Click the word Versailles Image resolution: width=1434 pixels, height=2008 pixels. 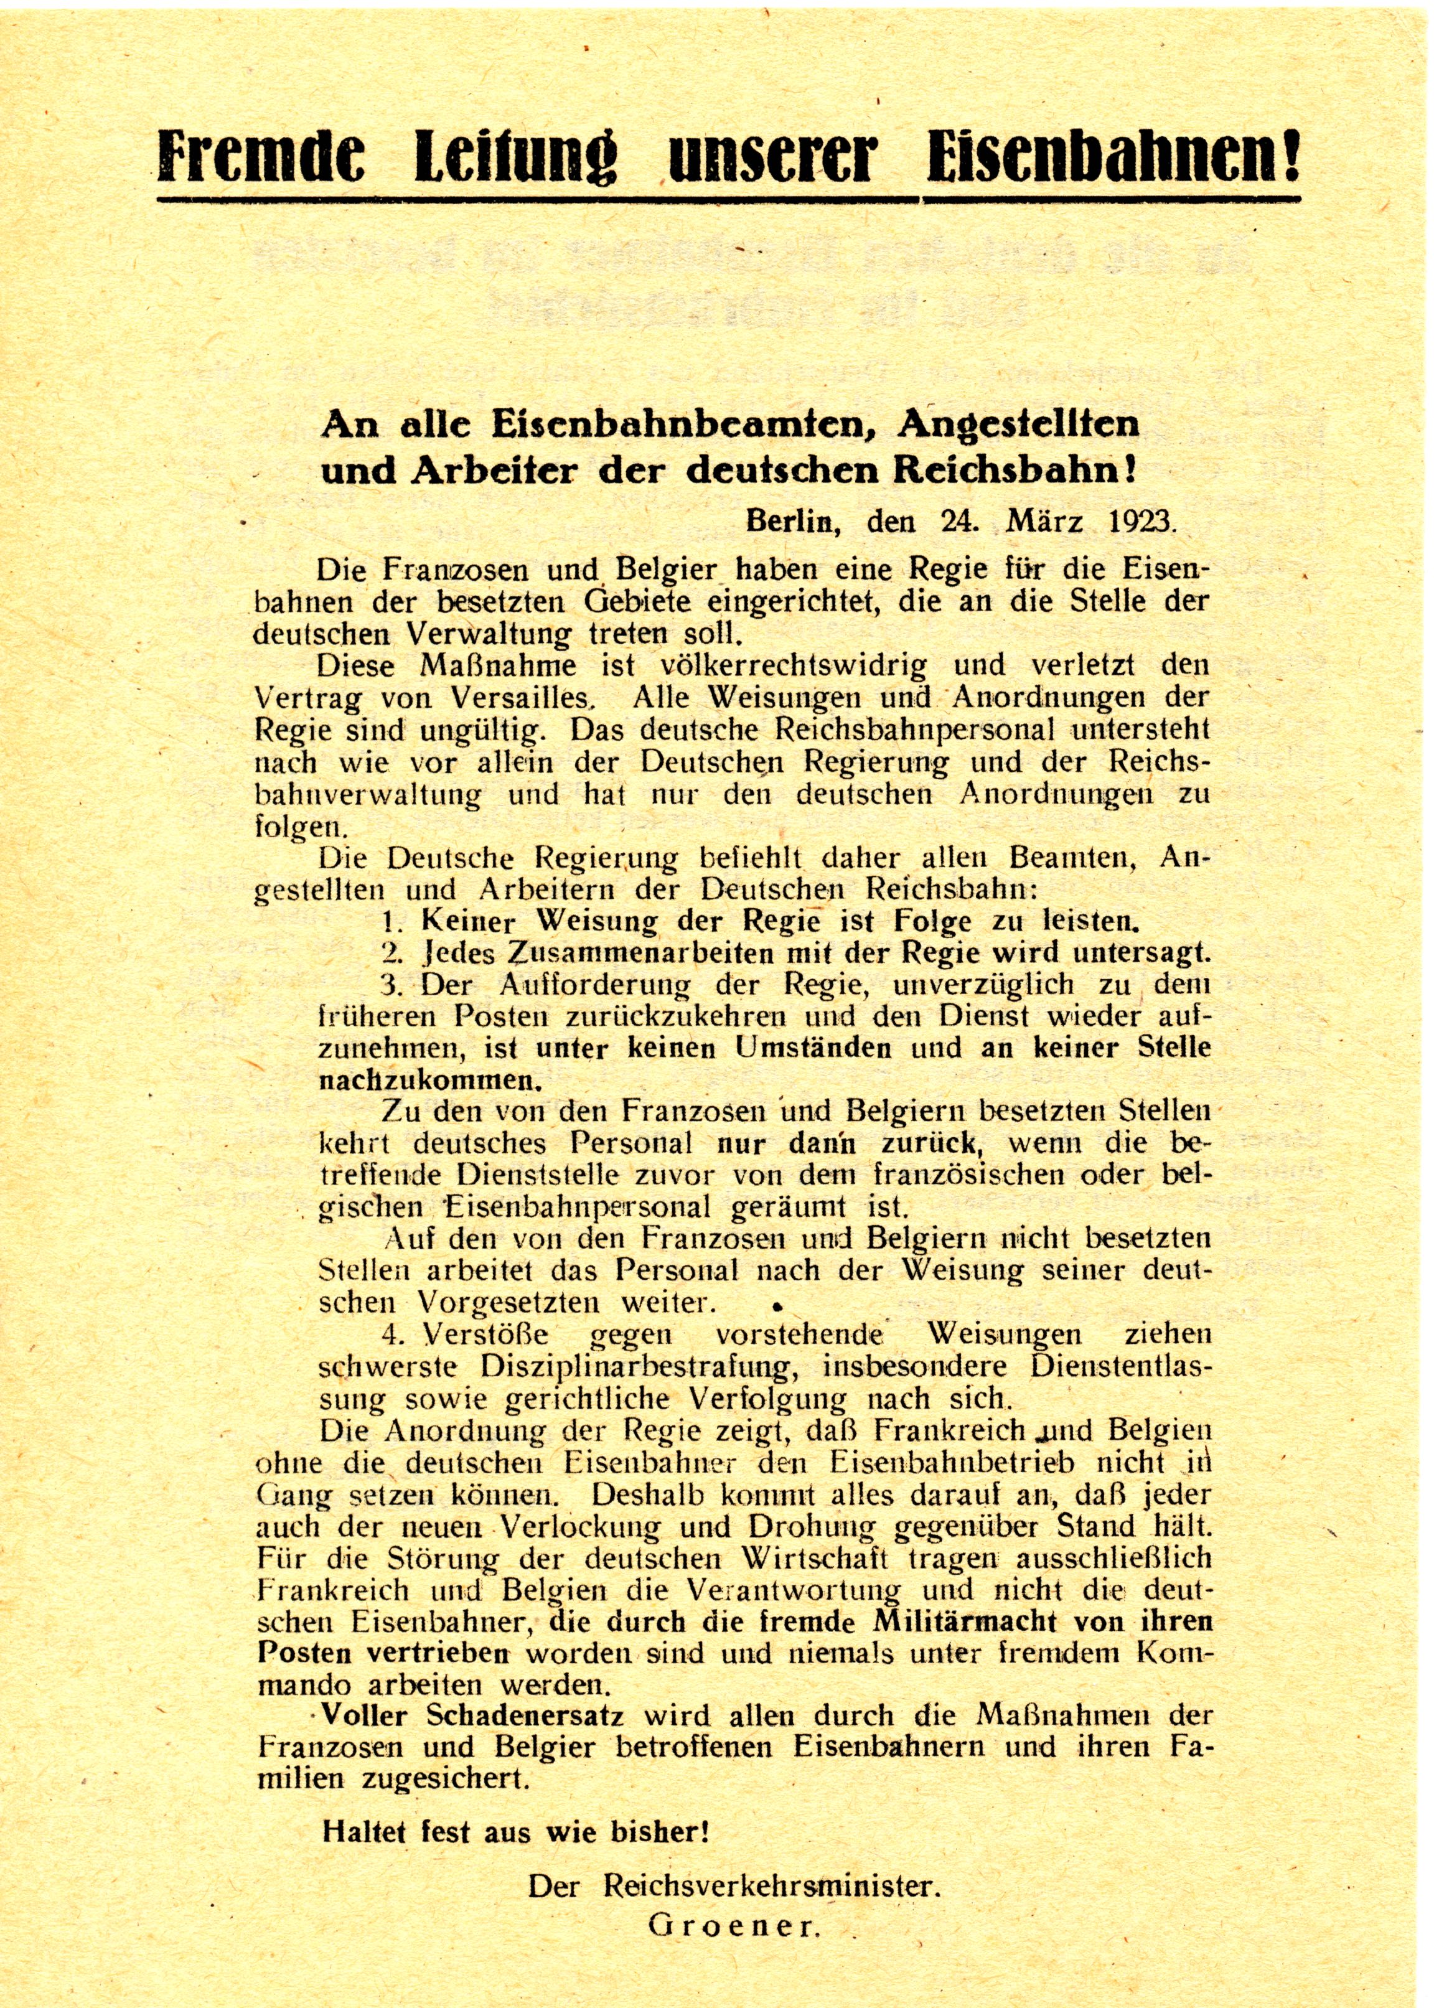pyautogui.click(x=522, y=697)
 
